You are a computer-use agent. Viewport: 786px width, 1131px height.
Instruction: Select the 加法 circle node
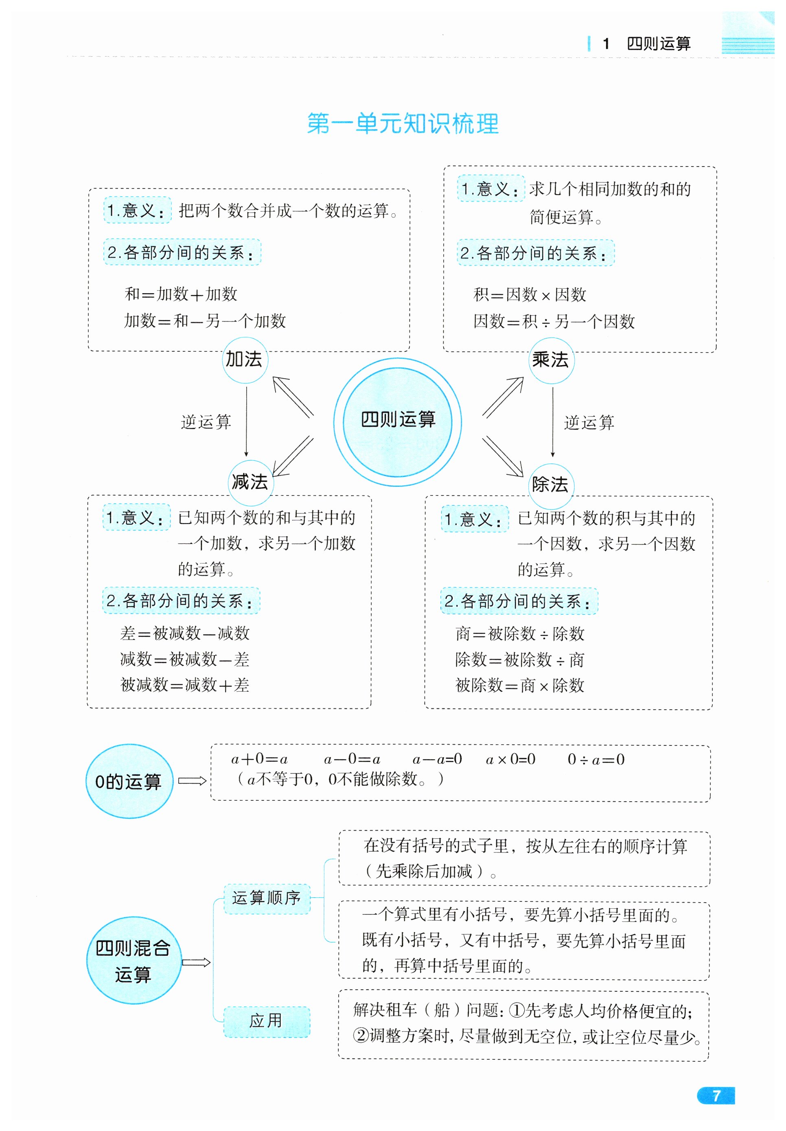pyautogui.click(x=245, y=359)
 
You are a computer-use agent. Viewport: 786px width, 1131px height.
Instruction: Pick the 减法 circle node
pyautogui.click(x=250, y=482)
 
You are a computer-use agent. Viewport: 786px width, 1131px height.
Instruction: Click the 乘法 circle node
pyautogui.click(x=551, y=360)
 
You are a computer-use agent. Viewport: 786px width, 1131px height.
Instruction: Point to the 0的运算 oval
pyautogui.click(x=129, y=781)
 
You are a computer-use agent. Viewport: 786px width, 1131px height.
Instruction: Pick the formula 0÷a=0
pyautogui.click(x=596, y=760)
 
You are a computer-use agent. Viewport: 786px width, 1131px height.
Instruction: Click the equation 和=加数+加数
pyautogui.click(x=181, y=294)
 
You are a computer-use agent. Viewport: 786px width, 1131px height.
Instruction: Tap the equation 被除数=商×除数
pyautogui.click(x=519, y=685)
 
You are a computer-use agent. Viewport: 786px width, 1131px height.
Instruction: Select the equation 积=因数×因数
pyautogui.click(x=530, y=295)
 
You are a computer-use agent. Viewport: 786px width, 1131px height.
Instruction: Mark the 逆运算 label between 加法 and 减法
pyautogui.click(x=206, y=422)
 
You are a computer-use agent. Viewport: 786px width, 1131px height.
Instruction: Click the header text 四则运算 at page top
pyautogui.click(x=659, y=44)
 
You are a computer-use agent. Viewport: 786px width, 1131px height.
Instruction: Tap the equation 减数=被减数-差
pyautogui.click(x=185, y=659)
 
